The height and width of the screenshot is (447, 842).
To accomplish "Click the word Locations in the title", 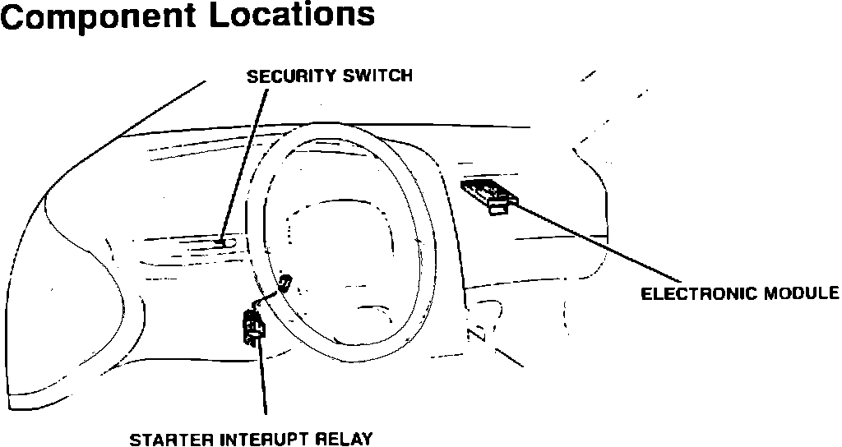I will [x=294, y=16].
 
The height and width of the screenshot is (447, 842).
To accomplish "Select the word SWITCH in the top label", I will [x=377, y=76].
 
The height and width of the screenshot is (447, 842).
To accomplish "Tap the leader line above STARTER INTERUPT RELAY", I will [x=264, y=378].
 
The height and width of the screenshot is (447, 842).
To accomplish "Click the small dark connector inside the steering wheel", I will [x=285, y=284].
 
